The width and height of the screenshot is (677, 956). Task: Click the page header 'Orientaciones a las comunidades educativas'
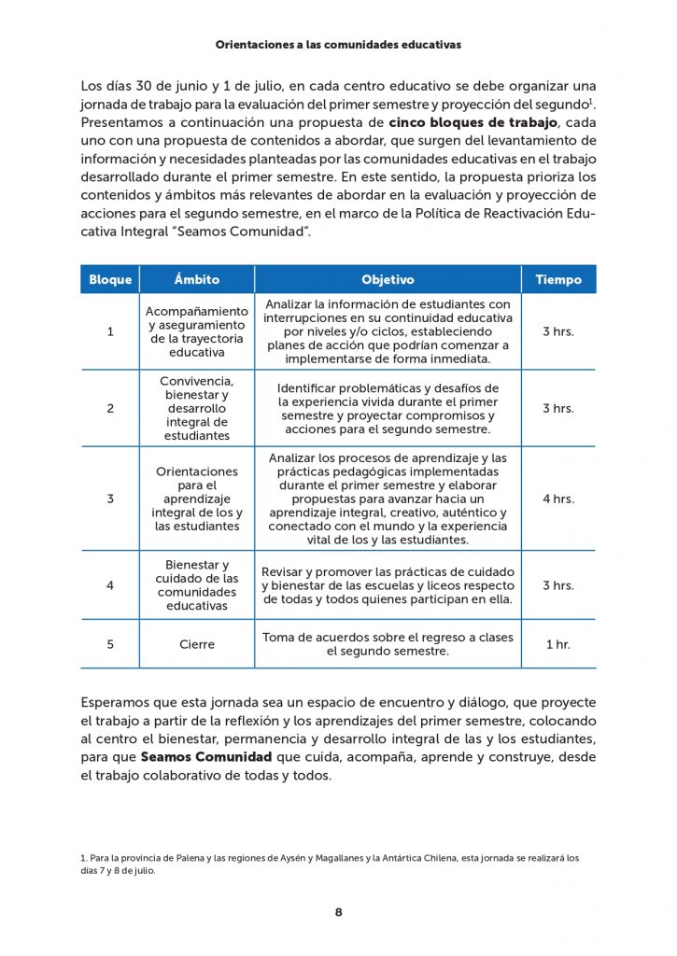(338, 44)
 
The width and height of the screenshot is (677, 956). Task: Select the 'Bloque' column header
(110, 279)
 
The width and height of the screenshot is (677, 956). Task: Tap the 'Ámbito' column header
(197, 279)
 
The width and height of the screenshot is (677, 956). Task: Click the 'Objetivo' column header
(388, 279)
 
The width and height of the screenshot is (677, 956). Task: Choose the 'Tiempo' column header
(558, 279)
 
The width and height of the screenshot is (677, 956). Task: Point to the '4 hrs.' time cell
(558, 499)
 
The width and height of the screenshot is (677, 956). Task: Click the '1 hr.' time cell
(558, 644)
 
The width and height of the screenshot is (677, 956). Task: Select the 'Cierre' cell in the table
(197, 644)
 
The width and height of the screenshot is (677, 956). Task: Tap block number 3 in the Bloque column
(110, 499)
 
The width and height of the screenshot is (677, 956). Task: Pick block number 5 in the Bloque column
(110, 644)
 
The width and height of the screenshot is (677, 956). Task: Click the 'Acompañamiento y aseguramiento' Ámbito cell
(197, 331)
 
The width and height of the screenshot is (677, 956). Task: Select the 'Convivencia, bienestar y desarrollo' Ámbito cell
(197, 409)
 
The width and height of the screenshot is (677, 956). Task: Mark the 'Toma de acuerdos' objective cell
(388, 644)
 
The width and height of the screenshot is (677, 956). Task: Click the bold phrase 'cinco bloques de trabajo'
(473, 122)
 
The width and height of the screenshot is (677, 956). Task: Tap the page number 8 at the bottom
(338, 912)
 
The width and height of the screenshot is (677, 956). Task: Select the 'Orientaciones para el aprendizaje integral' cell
(197, 499)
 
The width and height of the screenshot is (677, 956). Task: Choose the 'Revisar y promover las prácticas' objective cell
(388, 585)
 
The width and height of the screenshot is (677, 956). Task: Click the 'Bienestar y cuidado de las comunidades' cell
(197, 585)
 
